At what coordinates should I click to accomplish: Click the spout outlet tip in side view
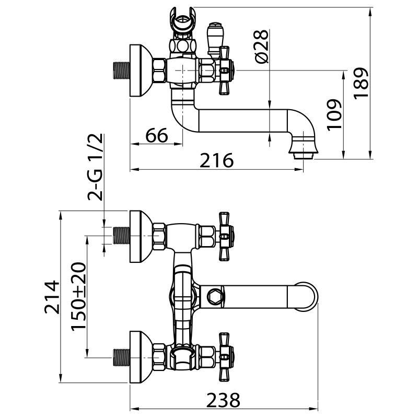point(303,153)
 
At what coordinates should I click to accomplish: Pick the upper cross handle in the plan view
point(225,236)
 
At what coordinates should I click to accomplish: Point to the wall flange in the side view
point(138,71)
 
